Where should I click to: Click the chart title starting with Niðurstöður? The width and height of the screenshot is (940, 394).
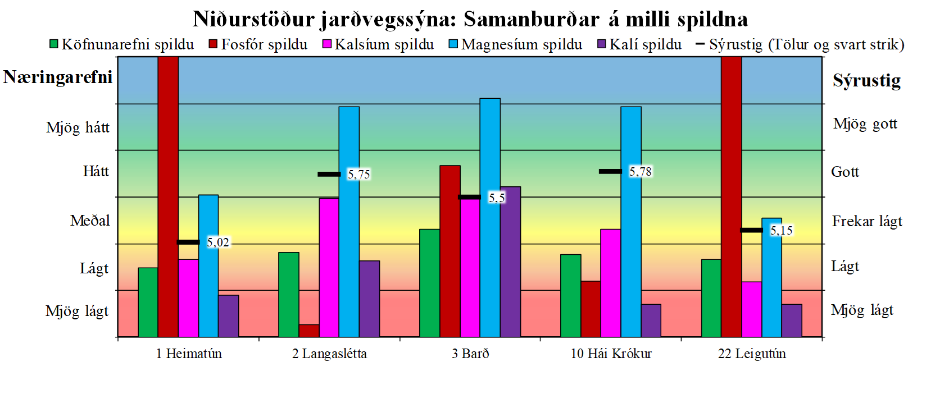[x=470, y=19]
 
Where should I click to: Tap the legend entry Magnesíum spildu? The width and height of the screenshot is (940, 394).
[x=515, y=44]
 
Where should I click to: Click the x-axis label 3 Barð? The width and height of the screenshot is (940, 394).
[x=470, y=354]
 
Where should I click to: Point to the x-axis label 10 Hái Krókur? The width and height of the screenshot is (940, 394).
[x=611, y=354]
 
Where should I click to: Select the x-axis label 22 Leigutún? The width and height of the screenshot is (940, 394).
[x=752, y=354]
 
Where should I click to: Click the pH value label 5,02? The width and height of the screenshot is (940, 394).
[x=218, y=242]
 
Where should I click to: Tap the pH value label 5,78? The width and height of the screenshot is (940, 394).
[x=641, y=172]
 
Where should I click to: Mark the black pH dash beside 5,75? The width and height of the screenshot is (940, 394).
[x=329, y=174]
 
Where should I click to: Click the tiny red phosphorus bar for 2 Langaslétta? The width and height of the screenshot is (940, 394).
[x=309, y=331]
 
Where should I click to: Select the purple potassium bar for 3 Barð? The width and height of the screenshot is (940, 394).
[x=510, y=262]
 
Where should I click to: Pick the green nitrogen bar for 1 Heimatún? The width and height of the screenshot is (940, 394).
[x=148, y=302]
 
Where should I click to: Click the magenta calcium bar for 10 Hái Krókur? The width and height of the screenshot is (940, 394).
[x=610, y=283]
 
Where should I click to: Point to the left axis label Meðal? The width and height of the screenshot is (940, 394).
[x=90, y=221]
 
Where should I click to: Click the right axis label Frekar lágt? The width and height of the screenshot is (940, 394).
[x=867, y=221]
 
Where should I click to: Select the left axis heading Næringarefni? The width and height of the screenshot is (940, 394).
[x=58, y=77]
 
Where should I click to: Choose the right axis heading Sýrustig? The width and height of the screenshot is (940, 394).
[x=866, y=81]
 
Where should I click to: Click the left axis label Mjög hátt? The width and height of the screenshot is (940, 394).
[x=78, y=128]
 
